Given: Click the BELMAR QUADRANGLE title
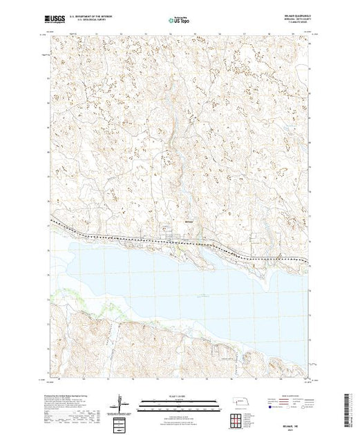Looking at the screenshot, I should coord(294,18).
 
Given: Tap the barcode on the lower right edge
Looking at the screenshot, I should coord(350,407).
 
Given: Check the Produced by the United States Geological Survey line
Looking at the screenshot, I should coord(66,396).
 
